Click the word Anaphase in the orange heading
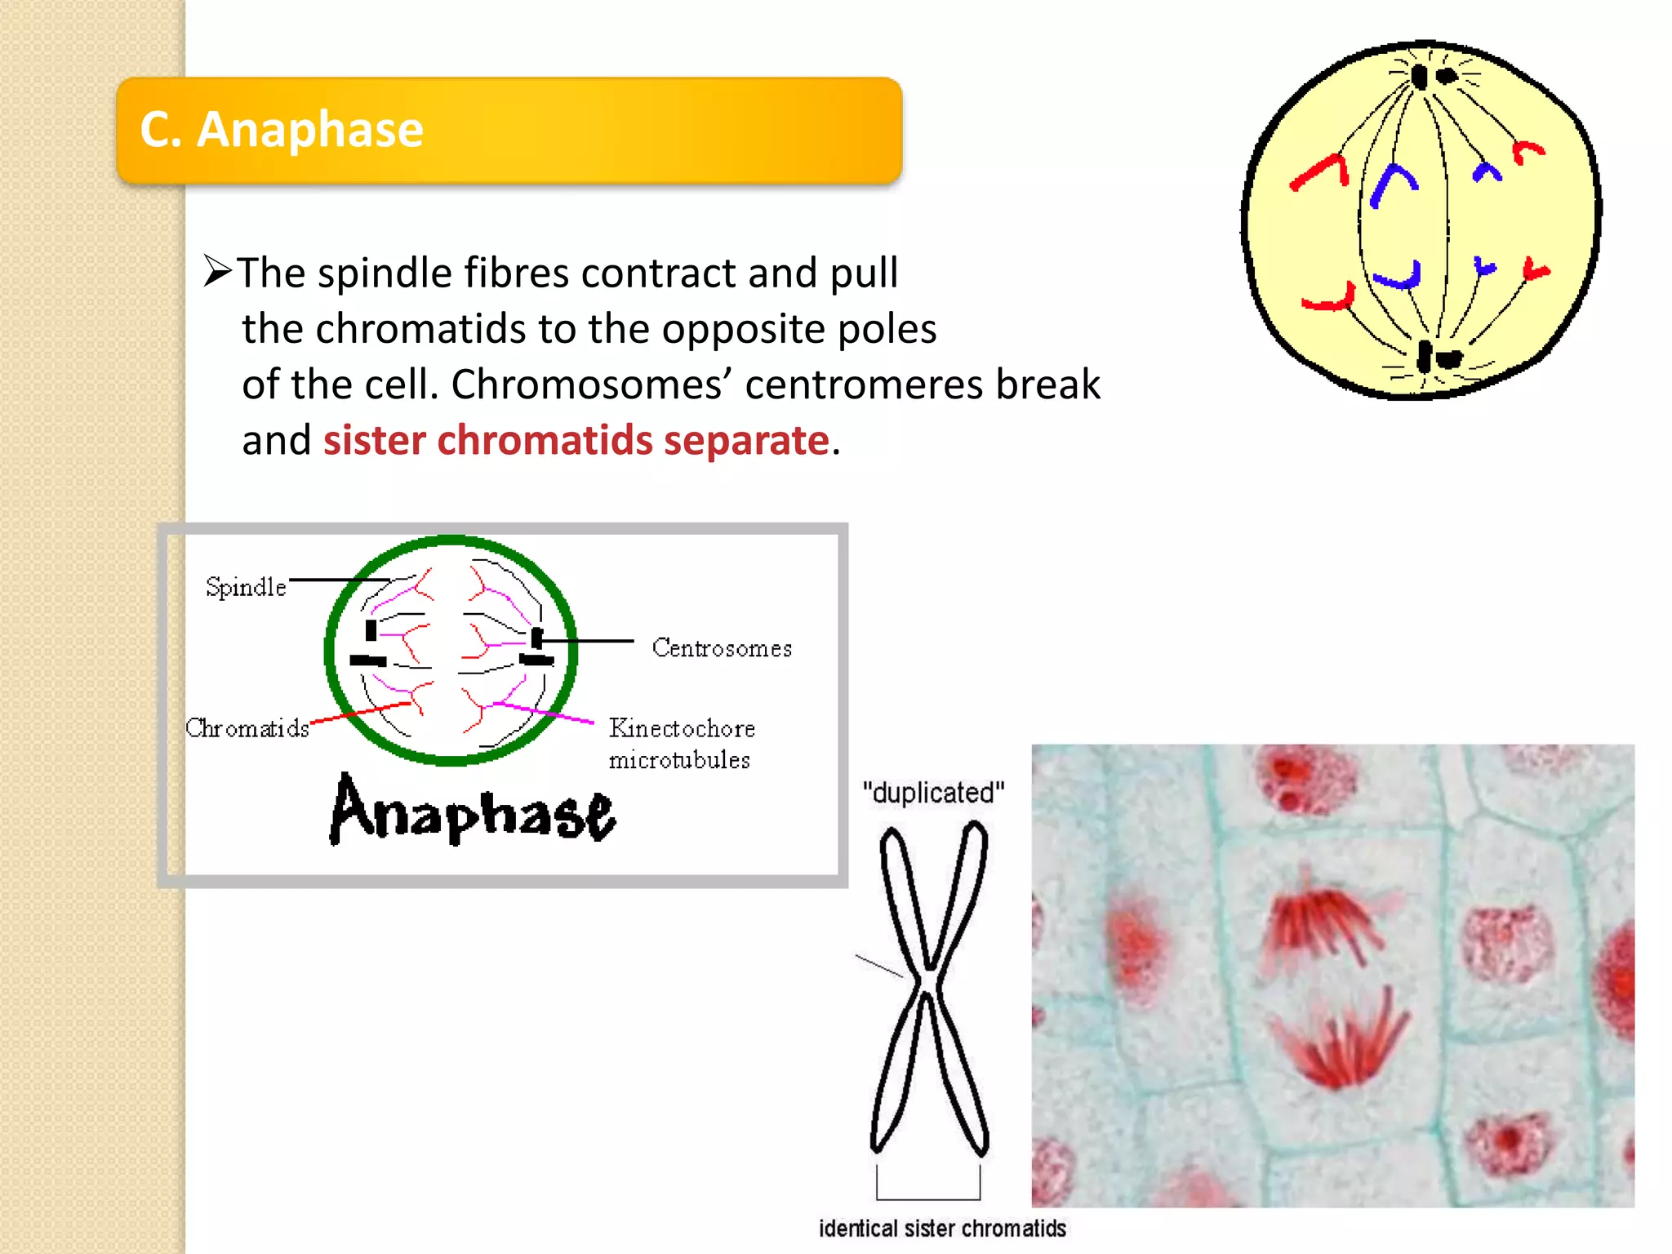point(309,130)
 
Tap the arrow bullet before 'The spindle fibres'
point(217,271)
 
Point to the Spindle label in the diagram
point(245,587)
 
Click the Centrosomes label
point(722,648)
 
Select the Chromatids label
point(247,728)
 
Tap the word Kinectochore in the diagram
point(682,728)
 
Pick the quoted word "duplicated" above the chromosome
point(933,793)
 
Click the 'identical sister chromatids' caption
point(942,1229)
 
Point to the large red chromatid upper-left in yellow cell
point(1321,172)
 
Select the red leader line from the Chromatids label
point(359,712)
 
